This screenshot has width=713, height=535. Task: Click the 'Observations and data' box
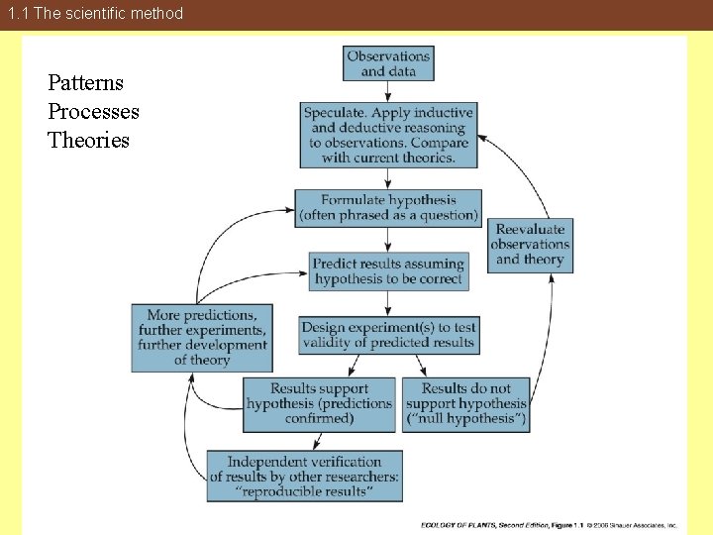click(x=388, y=63)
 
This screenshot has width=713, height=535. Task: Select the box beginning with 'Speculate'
click(x=388, y=135)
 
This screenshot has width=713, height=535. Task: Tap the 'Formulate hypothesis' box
click(x=388, y=208)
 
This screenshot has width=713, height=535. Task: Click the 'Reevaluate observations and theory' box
click(x=530, y=244)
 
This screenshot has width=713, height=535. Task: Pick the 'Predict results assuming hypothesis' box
click(x=388, y=271)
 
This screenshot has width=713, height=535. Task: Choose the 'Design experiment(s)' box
click(x=388, y=335)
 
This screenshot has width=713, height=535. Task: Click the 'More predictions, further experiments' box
click(x=202, y=338)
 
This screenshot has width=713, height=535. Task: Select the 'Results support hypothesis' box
click(x=319, y=404)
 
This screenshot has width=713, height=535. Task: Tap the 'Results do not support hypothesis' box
click(x=466, y=404)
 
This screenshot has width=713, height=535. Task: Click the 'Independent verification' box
click(x=304, y=477)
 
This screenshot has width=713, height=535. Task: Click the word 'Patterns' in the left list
click(x=85, y=83)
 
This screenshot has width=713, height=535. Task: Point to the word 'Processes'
click(x=93, y=112)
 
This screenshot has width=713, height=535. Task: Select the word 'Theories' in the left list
click(x=88, y=141)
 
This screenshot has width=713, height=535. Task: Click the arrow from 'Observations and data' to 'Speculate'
click(x=388, y=91)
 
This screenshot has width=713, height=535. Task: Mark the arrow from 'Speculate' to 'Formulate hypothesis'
click(x=388, y=178)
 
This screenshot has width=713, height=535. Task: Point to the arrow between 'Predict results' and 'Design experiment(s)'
click(x=388, y=303)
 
